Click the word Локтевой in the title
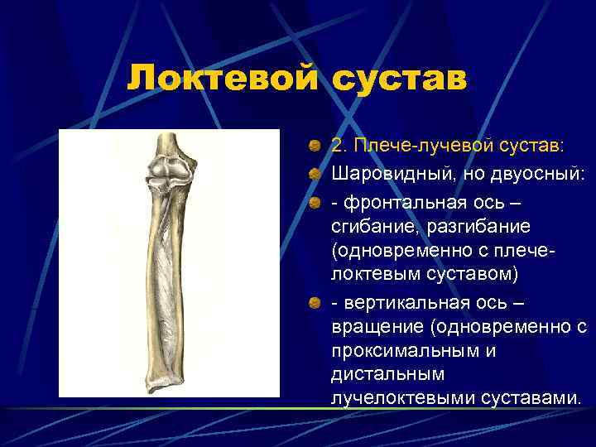pyautogui.click(x=221, y=80)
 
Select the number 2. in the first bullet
pyautogui.click(x=340, y=146)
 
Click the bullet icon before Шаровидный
pyautogui.click(x=315, y=174)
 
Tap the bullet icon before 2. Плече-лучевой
pyautogui.click(x=315, y=146)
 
